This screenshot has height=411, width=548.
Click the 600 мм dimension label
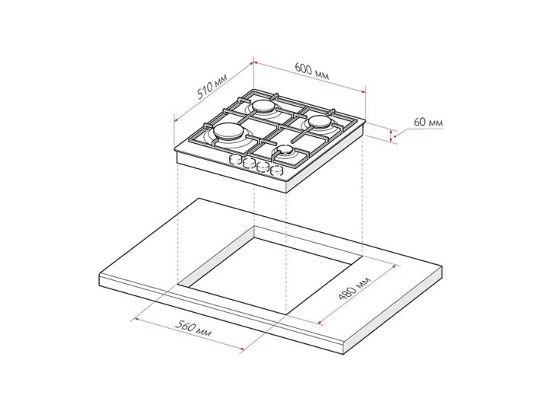[312, 71]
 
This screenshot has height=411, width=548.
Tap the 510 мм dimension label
[212, 87]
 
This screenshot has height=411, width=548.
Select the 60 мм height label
[428, 123]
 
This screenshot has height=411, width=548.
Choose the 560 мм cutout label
[193, 329]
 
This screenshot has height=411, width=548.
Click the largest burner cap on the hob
[228, 132]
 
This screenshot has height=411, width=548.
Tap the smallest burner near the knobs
[285, 151]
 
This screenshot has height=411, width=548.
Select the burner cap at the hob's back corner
[264, 106]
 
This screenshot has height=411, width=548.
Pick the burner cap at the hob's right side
[320, 122]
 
